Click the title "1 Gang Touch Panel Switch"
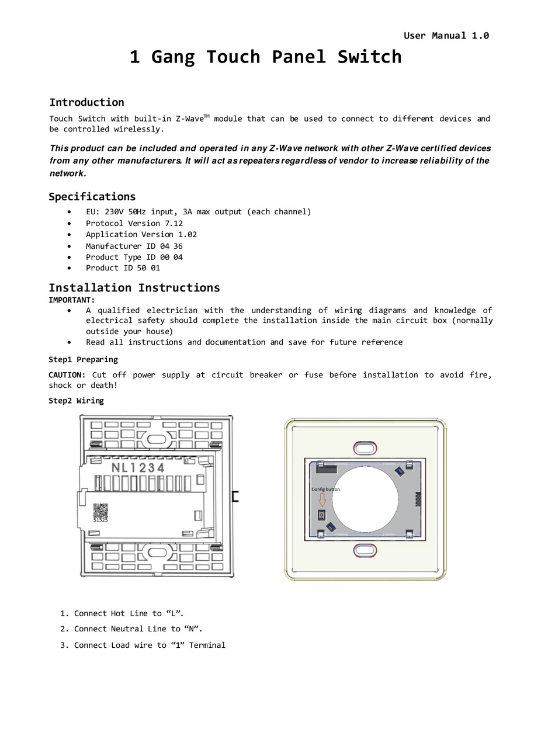[265, 57]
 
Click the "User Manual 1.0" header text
[446, 36]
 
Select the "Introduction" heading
[86, 102]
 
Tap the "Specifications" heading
[92, 196]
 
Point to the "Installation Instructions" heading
[134, 287]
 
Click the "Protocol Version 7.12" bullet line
[134, 223]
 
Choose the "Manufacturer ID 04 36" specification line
[134, 246]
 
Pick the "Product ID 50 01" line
[123, 268]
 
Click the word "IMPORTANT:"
[71, 300]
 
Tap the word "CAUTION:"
[67, 375]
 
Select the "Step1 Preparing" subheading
[83, 359]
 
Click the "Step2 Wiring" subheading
[76, 401]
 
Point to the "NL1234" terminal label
[138, 468]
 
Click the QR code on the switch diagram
[100, 511]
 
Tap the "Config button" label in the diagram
[325, 489]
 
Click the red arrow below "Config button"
[322, 500]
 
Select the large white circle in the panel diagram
[365, 499]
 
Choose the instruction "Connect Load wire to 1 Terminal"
[150, 645]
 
